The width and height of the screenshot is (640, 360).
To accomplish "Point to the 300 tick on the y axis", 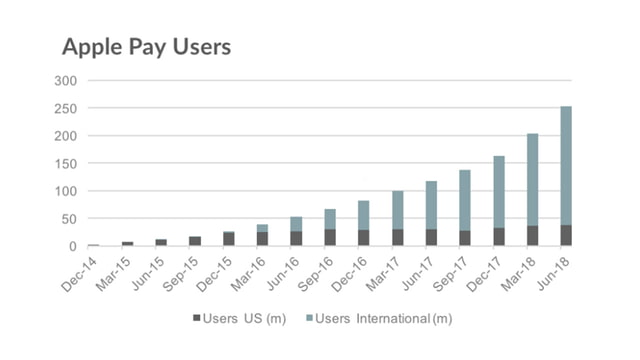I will [65, 80].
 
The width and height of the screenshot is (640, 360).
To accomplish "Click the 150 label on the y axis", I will [65, 163].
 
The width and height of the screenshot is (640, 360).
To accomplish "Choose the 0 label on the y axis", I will [72, 246].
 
